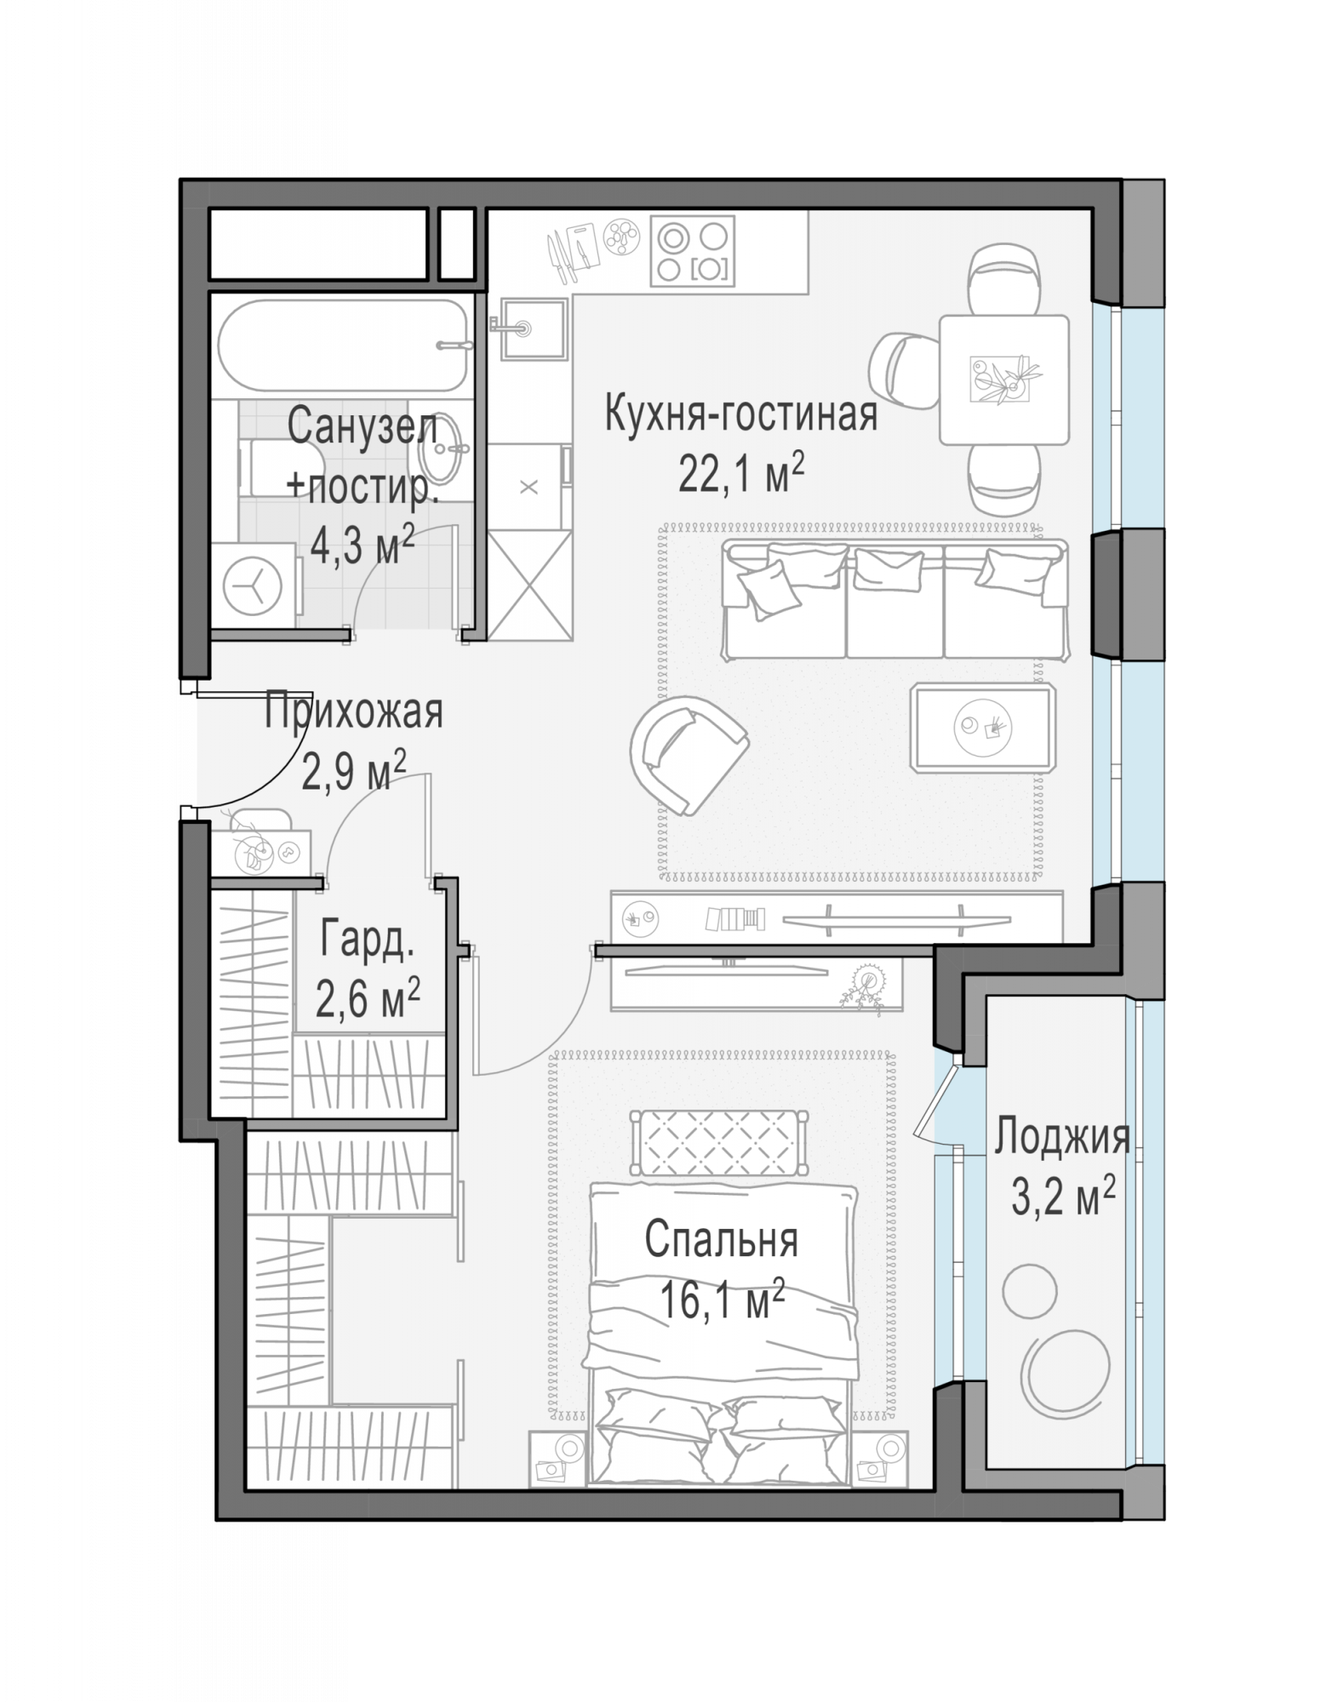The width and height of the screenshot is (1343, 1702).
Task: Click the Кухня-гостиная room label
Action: (x=740, y=414)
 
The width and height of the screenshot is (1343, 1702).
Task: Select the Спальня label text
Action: (x=721, y=1241)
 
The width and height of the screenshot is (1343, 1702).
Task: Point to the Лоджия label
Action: (x=1062, y=1137)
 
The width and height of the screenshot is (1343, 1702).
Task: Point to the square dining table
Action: (x=1004, y=380)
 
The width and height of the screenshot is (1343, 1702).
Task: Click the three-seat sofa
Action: (x=894, y=601)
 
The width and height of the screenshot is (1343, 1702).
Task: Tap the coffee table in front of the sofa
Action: (x=983, y=728)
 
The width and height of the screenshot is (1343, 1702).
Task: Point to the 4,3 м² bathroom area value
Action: (x=363, y=544)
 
